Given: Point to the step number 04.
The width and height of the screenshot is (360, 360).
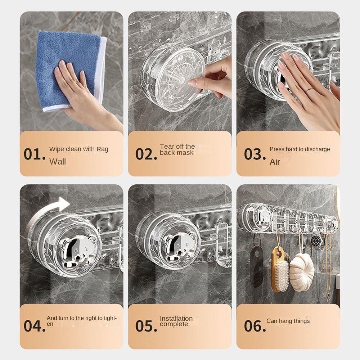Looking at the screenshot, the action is point(35,326).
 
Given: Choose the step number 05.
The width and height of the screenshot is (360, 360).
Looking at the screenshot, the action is point(146,326).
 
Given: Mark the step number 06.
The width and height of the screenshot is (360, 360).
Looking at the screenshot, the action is point(255,326).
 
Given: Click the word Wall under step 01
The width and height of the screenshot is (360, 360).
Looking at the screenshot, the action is point(57,162).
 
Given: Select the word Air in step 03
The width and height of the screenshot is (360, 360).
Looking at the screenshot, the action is point(275,162).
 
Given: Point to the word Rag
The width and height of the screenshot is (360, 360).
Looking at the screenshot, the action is point(102,149).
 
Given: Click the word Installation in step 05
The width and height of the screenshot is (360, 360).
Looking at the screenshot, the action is point(176,319).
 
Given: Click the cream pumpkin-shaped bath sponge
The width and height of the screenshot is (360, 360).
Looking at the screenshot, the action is point(302,272).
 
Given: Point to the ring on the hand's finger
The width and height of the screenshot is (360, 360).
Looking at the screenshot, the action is point(309,90).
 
